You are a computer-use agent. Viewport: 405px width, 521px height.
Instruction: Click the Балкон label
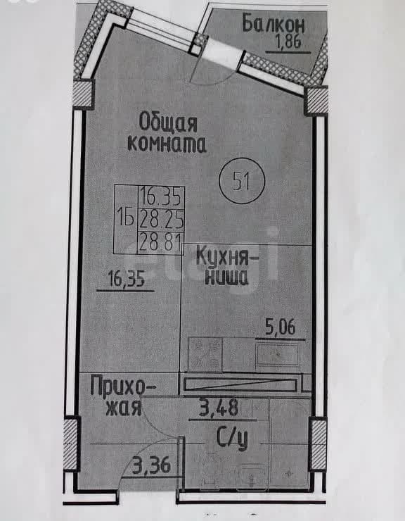273,23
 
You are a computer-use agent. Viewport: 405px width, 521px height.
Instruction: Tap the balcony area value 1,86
288,42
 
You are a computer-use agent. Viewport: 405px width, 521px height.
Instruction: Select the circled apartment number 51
242,181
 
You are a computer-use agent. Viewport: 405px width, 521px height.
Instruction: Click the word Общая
168,123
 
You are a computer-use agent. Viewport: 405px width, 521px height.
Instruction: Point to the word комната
167,144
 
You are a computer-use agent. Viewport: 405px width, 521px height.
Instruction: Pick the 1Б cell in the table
126,220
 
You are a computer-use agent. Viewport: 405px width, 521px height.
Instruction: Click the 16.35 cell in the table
161,196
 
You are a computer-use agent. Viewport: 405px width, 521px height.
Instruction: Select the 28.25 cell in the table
161,219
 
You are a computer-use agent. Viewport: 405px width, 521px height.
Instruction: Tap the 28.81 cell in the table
161,243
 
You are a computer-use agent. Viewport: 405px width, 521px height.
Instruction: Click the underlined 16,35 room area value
127,279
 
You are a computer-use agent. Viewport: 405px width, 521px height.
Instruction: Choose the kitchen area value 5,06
280,327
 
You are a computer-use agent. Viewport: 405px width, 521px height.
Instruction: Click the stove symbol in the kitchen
205,354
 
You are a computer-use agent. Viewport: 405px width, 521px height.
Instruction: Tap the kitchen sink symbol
278,355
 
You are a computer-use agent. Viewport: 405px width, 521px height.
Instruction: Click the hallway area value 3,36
152,465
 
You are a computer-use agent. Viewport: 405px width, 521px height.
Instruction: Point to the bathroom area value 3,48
219,408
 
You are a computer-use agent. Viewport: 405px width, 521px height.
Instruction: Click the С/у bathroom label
232,439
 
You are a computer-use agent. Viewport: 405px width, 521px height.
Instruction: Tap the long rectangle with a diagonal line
240,384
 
